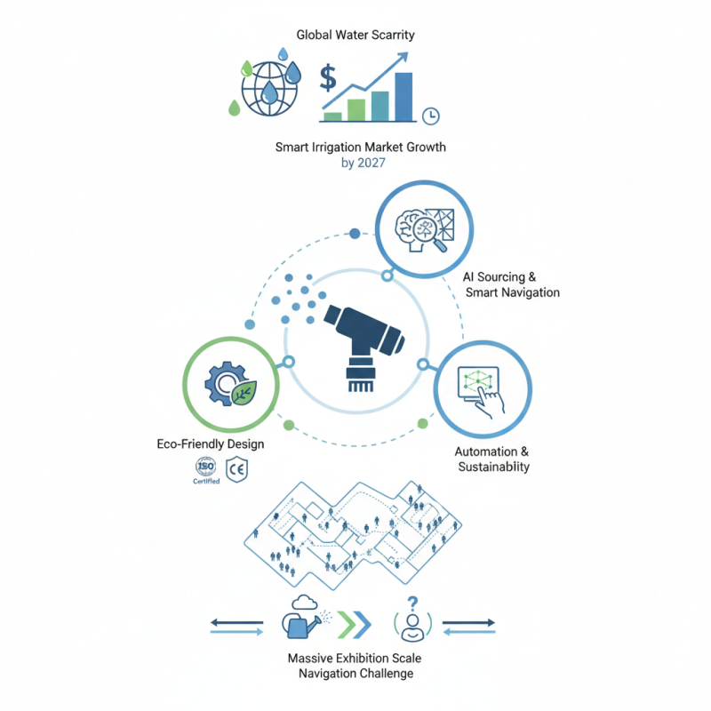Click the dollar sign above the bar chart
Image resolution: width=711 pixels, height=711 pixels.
(x=328, y=78)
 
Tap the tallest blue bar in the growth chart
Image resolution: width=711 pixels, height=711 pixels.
(x=403, y=97)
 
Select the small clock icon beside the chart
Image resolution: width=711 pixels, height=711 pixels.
(x=431, y=116)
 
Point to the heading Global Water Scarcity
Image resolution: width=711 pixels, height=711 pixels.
(x=355, y=35)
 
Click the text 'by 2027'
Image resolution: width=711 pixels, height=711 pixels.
(x=363, y=163)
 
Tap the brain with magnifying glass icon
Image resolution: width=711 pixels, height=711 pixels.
(x=425, y=230)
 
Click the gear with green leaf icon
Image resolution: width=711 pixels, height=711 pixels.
(x=231, y=384)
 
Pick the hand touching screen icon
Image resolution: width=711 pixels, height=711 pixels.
(x=482, y=391)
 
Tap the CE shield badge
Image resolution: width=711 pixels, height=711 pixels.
(x=236, y=469)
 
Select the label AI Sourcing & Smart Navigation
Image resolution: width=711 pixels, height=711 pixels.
(x=511, y=284)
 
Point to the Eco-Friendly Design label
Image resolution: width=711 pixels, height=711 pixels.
(x=211, y=443)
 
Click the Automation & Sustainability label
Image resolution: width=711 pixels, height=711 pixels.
(x=492, y=459)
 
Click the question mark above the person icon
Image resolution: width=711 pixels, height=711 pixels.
(x=412, y=603)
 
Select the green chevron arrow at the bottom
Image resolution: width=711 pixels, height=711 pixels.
(x=348, y=625)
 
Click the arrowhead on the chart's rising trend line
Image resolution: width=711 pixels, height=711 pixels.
(x=403, y=58)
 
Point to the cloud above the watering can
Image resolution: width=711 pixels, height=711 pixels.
(x=305, y=603)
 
